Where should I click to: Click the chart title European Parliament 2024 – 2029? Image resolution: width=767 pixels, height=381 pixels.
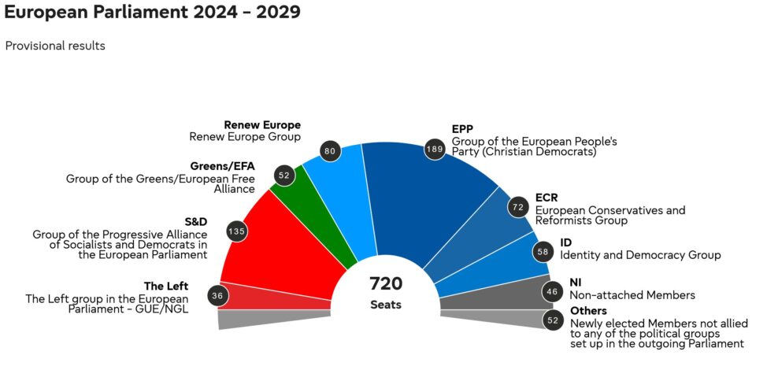point(152,13)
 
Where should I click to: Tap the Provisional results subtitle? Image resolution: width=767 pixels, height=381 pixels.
point(55,46)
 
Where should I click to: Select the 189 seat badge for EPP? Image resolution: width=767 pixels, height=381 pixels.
point(435,148)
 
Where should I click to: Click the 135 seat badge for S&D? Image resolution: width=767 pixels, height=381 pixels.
point(236,231)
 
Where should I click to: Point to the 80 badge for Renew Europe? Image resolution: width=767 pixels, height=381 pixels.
point(330,151)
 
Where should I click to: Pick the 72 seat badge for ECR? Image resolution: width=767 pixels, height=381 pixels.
point(518,208)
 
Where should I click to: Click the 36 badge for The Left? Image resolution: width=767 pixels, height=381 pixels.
point(217,296)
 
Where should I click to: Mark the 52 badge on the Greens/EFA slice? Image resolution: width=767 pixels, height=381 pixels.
point(284,176)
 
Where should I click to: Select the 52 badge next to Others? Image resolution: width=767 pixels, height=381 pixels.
point(553,320)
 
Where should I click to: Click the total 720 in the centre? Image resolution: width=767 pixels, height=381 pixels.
point(386,284)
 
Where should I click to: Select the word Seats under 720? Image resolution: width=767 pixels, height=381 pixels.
point(386,305)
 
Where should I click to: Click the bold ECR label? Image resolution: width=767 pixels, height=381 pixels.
point(546,198)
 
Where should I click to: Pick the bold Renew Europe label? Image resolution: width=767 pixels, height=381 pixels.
point(262,125)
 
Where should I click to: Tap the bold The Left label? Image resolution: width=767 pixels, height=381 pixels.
point(166,287)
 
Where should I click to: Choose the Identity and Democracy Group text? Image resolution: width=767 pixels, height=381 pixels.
point(640,255)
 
